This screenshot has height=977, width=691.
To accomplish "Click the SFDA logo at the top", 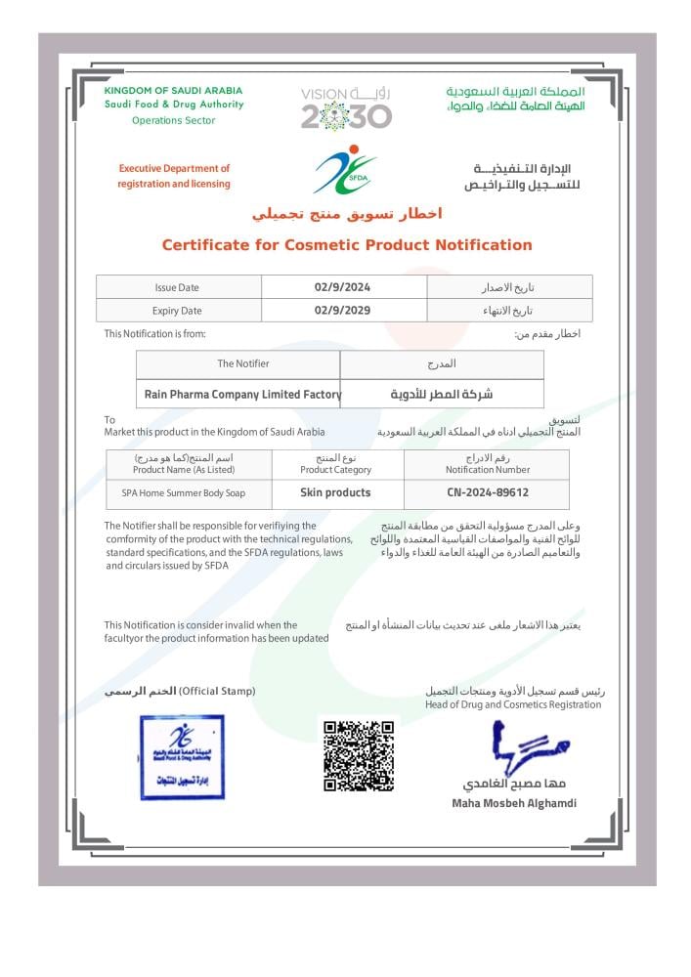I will point(345,170).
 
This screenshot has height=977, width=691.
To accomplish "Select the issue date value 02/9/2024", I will point(343,287).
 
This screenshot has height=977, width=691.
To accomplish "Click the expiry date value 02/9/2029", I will point(343,311).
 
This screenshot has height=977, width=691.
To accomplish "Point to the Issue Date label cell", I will point(177,287).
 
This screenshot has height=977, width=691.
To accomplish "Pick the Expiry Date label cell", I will point(177,311).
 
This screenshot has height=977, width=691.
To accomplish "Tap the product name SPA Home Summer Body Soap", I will point(183,493).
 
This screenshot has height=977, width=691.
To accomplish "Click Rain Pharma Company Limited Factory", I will point(242,394).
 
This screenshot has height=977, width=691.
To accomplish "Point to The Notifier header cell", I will point(242,363).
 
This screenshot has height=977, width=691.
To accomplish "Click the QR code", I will point(359,755).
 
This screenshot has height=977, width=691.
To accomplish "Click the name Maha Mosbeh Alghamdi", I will point(514,803).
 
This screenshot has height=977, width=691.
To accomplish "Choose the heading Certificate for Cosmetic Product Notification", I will point(346,245).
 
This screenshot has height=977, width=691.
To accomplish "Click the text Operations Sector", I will point(173,120).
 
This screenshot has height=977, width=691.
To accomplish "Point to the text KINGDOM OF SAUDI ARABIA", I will point(173,91).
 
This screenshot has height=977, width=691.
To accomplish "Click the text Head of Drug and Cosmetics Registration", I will point(513,704).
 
